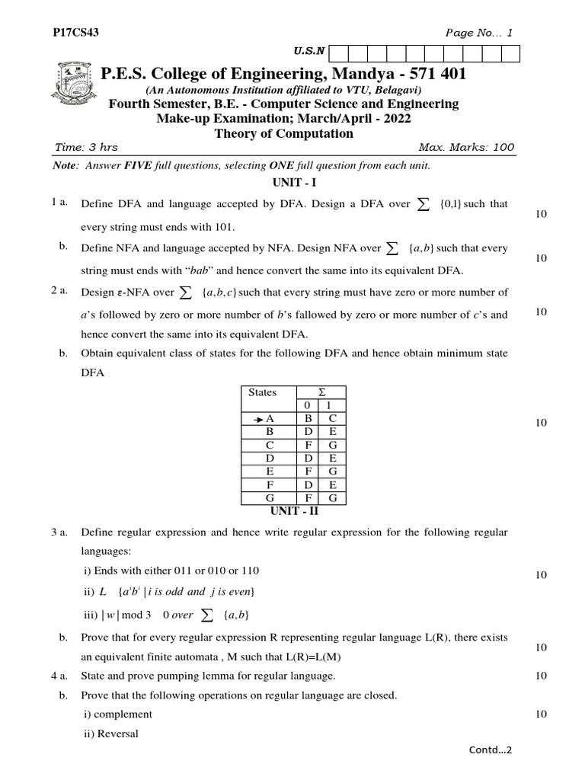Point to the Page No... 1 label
pyautogui.click(x=479, y=33)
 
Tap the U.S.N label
pyautogui.click(x=308, y=52)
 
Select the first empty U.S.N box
pyautogui.click(x=338, y=53)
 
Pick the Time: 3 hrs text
pyautogui.click(x=87, y=148)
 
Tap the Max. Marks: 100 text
pyautogui.click(x=466, y=148)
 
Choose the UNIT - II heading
pyautogui.click(x=294, y=511)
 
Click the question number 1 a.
pyautogui.click(x=60, y=203)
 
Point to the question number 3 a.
pyautogui.click(x=60, y=532)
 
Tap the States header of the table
pyautogui.click(x=263, y=392)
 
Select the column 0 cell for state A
pyautogui.click(x=308, y=419)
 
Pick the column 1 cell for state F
pyautogui.click(x=333, y=484)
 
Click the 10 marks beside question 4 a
pyautogui.click(x=542, y=676)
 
